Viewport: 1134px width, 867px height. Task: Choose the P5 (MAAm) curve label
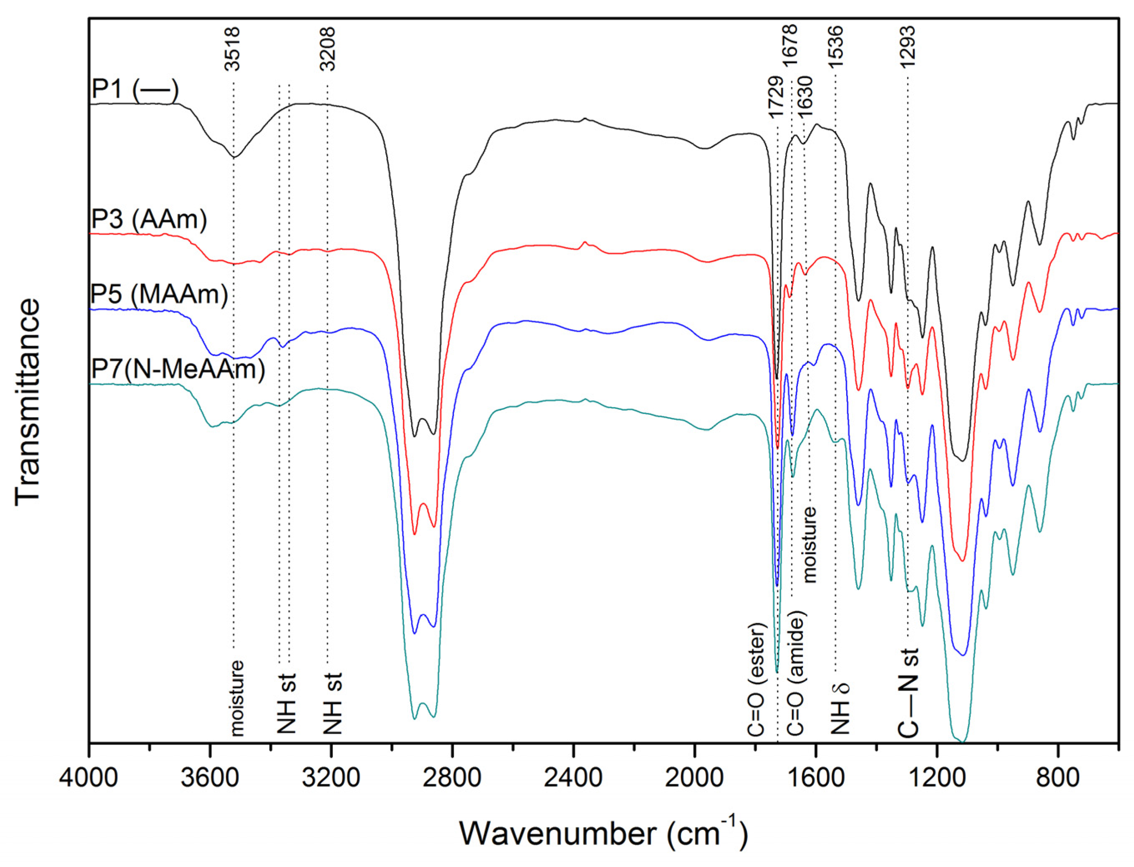click(159, 295)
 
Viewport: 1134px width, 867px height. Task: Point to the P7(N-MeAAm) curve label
click(178, 370)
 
